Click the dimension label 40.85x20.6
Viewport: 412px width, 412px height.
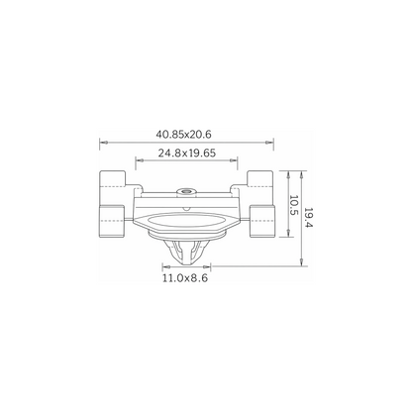tap(183, 135)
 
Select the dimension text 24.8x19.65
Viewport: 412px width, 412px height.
tap(186, 154)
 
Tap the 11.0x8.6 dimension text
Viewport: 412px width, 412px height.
tap(185, 278)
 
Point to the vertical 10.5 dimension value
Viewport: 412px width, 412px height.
tap(294, 205)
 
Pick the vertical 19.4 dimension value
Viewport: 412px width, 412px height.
tap(308, 218)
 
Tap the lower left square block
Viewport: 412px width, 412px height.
tap(112, 221)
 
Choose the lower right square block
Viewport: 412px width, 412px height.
tap(262, 221)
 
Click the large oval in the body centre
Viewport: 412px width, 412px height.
tap(185, 220)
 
